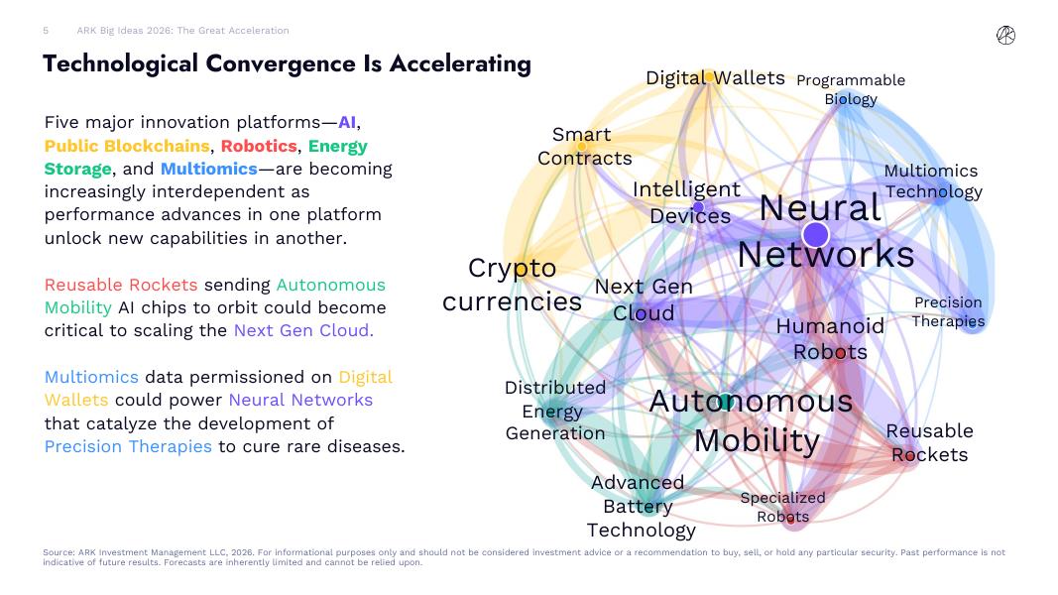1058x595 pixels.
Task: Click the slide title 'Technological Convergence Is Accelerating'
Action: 287,64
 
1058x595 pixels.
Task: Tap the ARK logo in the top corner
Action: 1005,36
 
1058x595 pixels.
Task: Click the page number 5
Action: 46,31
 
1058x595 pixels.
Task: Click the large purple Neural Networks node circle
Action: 815,235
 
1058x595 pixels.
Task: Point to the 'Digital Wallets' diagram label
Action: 715,78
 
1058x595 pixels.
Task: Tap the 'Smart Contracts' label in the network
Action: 584,147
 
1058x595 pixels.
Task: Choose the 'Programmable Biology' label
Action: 851,89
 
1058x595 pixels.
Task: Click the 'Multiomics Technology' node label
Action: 932,181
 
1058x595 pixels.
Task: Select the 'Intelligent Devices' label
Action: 687,202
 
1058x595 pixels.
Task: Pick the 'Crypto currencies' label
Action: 512,285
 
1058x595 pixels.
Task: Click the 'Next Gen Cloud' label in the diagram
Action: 644,299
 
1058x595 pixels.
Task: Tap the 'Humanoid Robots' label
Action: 830,338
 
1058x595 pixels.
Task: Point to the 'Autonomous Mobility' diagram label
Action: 752,419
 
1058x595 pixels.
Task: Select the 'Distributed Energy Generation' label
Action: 555,411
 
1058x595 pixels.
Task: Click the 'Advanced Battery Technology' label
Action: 640,506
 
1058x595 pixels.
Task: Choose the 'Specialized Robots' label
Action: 782,507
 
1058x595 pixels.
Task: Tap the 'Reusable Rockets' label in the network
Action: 929,442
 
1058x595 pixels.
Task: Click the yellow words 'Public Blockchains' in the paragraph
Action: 127,146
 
